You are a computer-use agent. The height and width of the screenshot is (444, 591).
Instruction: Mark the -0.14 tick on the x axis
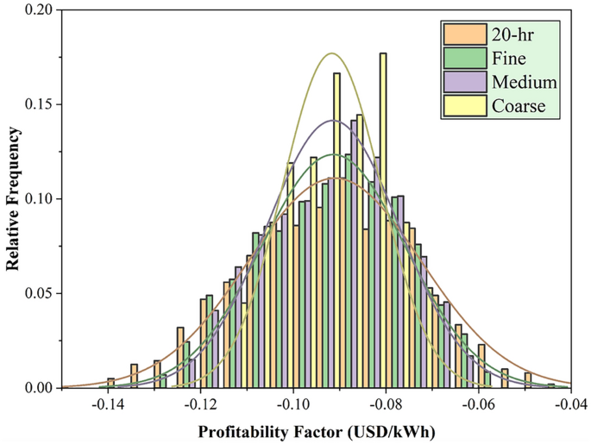click(x=107, y=404)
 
